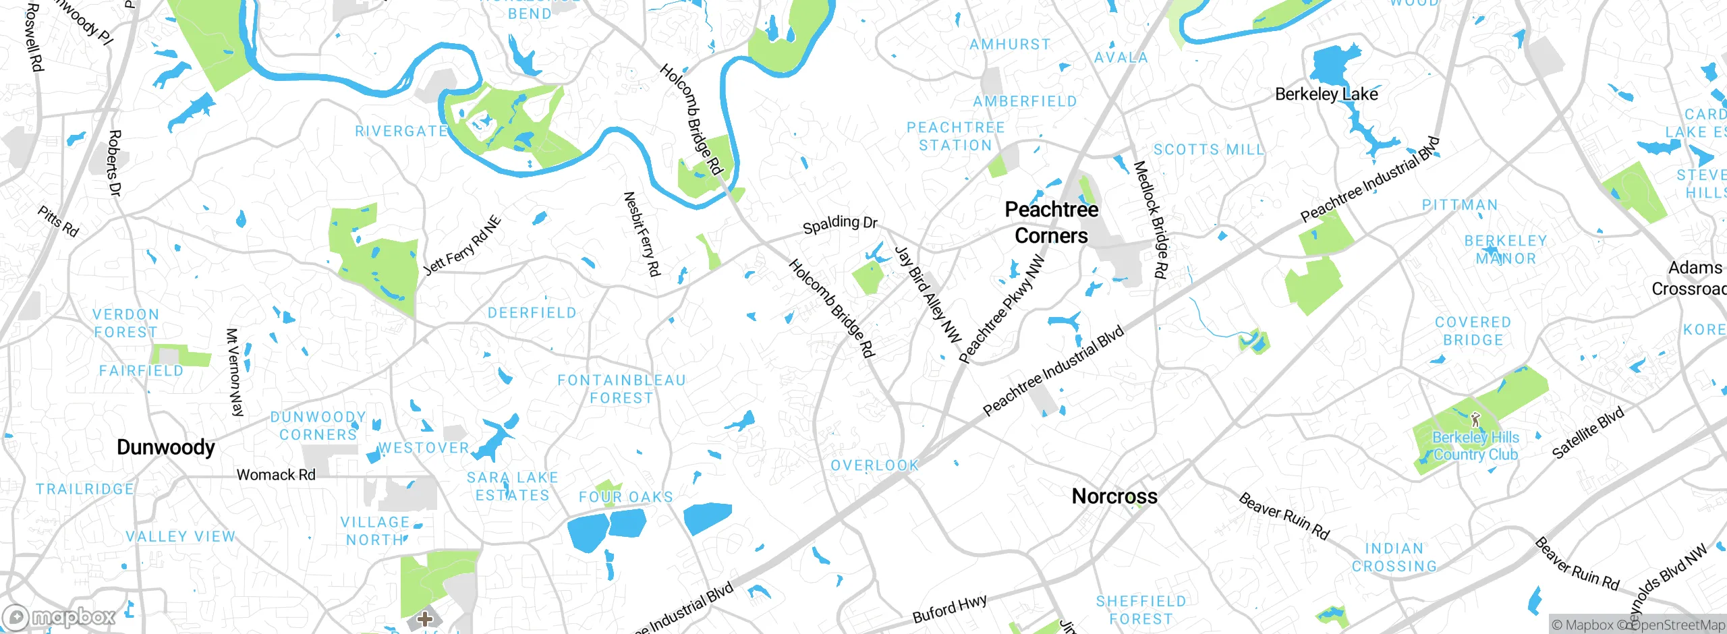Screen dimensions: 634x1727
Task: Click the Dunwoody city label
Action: (165, 447)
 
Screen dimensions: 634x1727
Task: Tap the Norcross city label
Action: (1114, 496)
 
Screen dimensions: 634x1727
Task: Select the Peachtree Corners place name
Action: (1051, 223)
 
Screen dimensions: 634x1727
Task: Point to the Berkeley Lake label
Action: (1326, 94)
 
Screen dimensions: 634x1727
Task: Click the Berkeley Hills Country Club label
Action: (1475, 446)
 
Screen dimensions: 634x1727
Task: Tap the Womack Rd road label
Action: (276, 475)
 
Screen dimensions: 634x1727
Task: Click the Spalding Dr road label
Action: (840, 223)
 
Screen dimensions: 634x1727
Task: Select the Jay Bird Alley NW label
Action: (928, 294)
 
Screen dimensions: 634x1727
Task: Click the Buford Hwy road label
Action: (949, 609)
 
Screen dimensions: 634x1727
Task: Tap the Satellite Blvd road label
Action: (1588, 434)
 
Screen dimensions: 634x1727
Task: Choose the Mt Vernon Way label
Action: (234, 372)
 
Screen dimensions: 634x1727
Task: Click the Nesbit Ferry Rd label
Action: (642, 233)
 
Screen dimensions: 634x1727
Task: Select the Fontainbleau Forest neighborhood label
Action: (621, 389)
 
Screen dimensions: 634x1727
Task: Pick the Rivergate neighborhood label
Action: (401, 131)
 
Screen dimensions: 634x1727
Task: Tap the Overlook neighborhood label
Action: (874, 465)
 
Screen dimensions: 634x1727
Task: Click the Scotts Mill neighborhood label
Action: (1208, 150)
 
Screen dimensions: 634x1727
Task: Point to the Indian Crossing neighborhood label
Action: (1394, 558)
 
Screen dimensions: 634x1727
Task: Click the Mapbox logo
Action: (59, 616)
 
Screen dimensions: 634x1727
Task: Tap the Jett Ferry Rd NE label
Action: (463, 246)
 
